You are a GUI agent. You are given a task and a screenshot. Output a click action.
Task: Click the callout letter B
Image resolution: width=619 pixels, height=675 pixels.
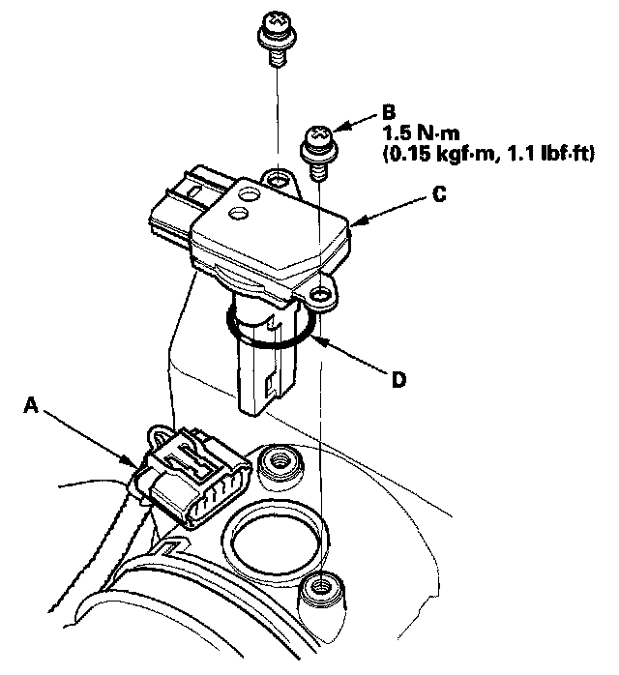[x=389, y=111]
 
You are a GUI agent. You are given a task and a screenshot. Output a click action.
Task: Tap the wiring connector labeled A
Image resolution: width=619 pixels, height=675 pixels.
[x=193, y=479]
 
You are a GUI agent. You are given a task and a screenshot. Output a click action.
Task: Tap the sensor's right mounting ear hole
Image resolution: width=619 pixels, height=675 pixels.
[x=319, y=291]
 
